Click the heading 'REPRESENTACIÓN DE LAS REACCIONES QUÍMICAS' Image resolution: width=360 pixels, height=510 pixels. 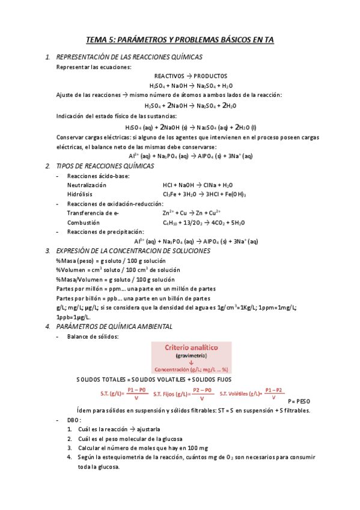(129, 57)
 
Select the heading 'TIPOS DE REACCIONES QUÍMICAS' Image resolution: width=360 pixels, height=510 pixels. (105, 166)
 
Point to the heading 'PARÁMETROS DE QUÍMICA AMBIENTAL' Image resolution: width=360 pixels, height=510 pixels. (114, 327)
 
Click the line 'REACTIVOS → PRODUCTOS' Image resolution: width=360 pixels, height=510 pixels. (191, 76)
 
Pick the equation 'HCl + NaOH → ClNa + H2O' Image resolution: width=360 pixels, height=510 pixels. (198, 185)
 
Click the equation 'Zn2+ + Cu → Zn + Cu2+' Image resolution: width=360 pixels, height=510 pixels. (192, 213)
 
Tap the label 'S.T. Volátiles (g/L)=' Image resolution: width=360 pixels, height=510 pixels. (243, 394)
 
